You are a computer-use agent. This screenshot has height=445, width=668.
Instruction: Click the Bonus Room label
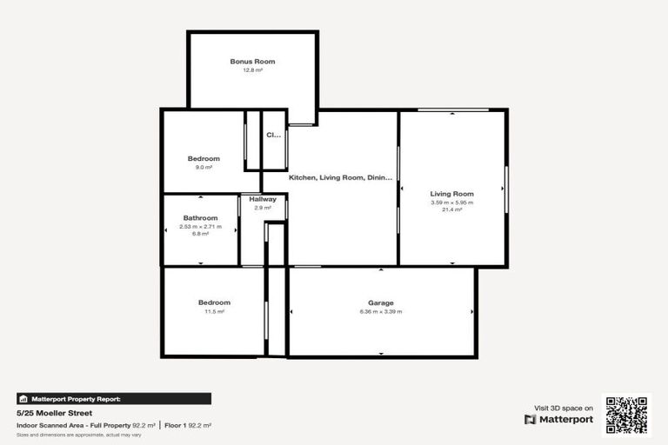(x=252, y=62)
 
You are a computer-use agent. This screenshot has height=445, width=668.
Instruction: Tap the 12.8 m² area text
(x=252, y=70)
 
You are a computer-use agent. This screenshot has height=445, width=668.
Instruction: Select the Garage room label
(x=381, y=302)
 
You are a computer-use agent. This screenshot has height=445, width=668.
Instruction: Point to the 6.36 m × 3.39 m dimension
(x=381, y=311)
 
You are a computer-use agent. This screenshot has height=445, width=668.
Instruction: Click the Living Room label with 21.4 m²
(x=452, y=194)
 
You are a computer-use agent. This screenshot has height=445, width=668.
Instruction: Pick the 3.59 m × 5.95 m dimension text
(x=452, y=203)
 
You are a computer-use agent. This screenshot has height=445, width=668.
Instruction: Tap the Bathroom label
(x=200, y=218)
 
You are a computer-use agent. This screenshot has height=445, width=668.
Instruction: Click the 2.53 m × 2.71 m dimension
(x=200, y=227)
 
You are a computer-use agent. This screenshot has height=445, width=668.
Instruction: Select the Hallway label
(x=263, y=199)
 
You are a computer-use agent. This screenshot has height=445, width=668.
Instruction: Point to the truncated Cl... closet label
(x=274, y=135)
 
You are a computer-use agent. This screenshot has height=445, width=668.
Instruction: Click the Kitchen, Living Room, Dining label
(x=341, y=177)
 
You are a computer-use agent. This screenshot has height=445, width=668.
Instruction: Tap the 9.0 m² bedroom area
(x=204, y=167)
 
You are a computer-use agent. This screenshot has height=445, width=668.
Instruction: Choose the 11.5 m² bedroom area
(x=214, y=311)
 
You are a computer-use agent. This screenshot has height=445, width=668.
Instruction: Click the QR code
(x=627, y=415)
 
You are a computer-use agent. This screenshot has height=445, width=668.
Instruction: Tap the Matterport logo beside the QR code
(x=559, y=419)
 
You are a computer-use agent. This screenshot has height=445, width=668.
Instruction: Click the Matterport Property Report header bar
(x=113, y=399)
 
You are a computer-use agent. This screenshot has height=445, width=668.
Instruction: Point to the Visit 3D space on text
(x=563, y=408)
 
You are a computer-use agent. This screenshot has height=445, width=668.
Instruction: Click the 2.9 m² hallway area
(x=263, y=208)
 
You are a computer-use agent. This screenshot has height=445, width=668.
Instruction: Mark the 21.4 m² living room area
(x=452, y=209)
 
